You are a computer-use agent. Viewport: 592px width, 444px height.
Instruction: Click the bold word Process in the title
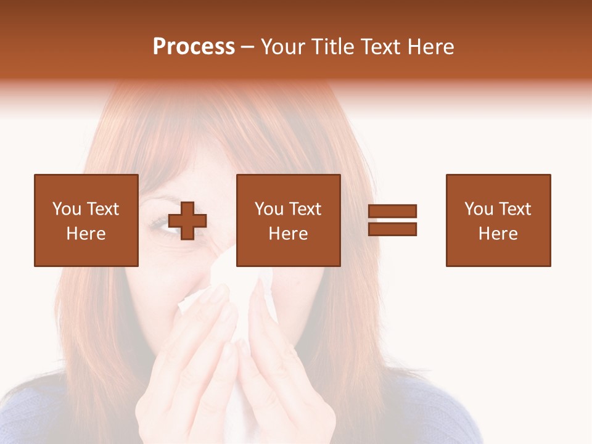(x=194, y=47)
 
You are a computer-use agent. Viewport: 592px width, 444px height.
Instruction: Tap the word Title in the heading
(x=332, y=47)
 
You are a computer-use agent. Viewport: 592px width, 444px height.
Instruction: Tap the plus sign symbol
(x=187, y=221)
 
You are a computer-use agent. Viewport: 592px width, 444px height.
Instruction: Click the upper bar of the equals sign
(x=392, y=212)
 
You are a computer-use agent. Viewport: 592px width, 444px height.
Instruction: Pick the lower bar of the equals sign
(x=392, y=229)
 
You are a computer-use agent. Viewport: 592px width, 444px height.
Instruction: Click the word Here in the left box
(x=86, y=234)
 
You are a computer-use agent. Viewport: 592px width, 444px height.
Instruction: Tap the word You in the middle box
(x=269, y=209)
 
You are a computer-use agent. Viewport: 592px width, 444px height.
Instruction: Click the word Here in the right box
(x=498, y=234)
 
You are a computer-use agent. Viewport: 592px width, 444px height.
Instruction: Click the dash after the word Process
(x=248, y=47)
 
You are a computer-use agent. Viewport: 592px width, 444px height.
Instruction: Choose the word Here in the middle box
(x=288, y=234)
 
